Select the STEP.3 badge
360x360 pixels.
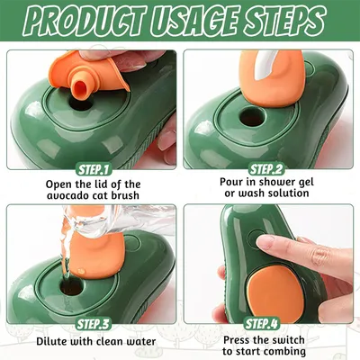pyautogui.click(x=90, y=323)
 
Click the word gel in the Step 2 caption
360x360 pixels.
pyautogui.click(x=301, y=184)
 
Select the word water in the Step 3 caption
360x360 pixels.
pyautogui.click(x=135, y=341)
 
